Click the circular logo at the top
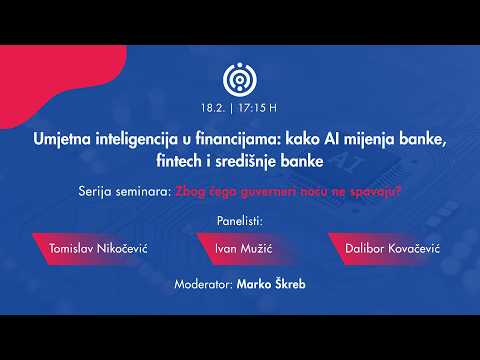point(240,79)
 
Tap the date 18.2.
point(213,108)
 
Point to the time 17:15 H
point(258,108)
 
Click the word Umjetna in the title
point(62,139)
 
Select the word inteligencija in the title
point(137,139)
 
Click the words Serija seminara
point(125,192)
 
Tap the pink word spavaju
point(375,192)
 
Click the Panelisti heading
point(240,221)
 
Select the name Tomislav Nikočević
point(98,248)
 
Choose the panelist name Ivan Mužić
point(243,248)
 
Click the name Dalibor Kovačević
point(392,248)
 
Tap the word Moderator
point(203,284)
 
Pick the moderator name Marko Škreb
point(271,284)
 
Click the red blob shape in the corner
point(50,77)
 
